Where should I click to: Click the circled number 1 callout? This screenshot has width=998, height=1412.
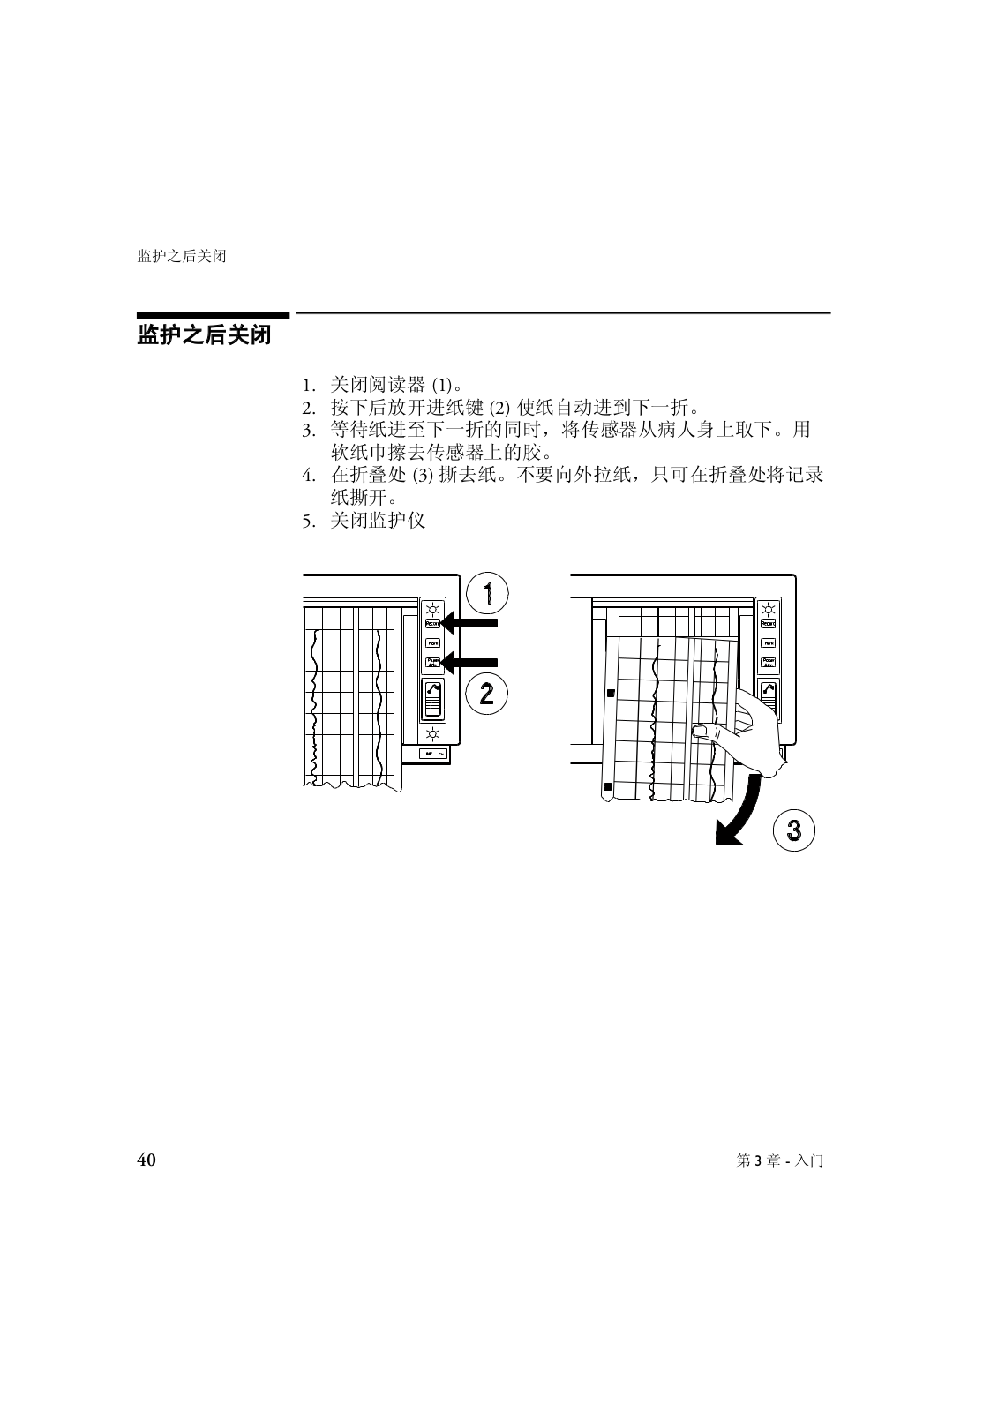pos(486,593)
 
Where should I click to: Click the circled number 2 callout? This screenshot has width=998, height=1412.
pos(486,695)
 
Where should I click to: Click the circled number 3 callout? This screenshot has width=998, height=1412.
pos(793,830)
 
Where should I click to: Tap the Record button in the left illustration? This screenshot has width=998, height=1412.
pos(432,623)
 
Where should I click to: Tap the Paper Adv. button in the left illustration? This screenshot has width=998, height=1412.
pos(432,662)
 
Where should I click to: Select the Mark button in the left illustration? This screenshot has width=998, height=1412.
pos(432,643)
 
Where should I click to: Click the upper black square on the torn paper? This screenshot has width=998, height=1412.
pos(610,695)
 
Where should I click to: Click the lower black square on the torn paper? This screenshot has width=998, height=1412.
pos(607,785)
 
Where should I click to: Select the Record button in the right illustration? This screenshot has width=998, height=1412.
pos(769,624)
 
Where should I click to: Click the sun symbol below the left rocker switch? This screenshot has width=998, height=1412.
pos(432,734)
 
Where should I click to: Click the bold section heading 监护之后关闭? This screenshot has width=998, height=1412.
pos(204,336)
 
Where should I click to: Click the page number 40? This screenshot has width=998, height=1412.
pos(146,1160)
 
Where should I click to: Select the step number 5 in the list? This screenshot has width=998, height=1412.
pos(308,521)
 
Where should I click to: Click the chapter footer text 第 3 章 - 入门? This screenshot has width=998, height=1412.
pos(779,1160)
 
